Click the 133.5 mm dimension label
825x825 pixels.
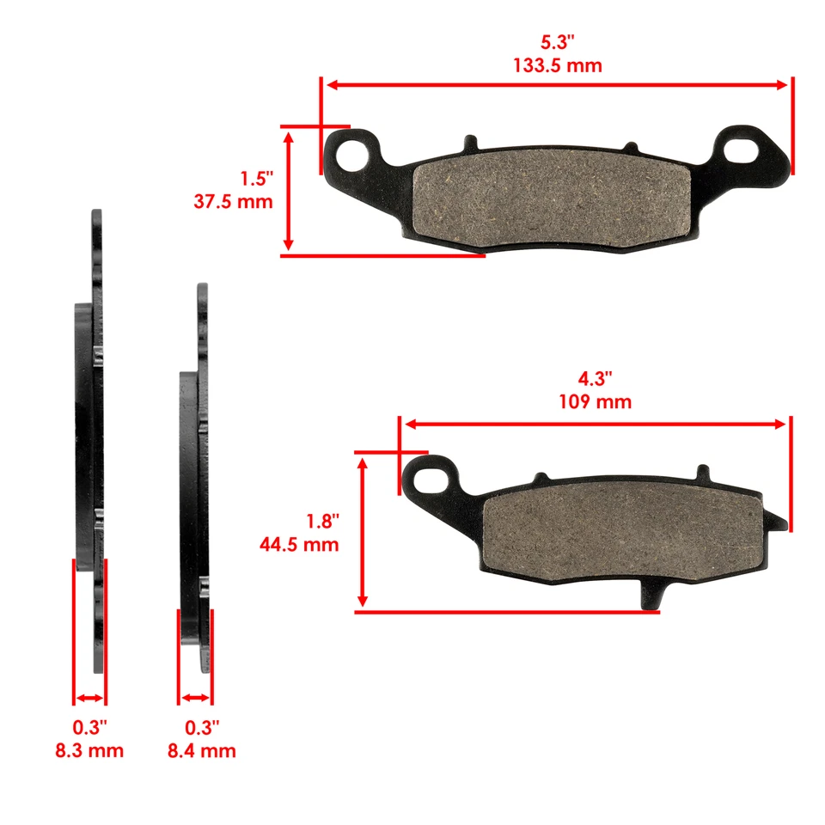(557, 65)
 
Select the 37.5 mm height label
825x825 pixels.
(234, 202)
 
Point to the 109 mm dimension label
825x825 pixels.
(596, 401)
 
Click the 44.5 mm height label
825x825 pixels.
(299, 544)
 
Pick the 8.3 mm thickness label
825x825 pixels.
(89, 750)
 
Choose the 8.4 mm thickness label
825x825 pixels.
(201, 750)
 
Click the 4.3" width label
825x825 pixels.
(596, 379)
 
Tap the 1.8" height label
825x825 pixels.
(323, 521)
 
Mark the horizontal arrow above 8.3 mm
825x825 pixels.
(89, 697)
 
